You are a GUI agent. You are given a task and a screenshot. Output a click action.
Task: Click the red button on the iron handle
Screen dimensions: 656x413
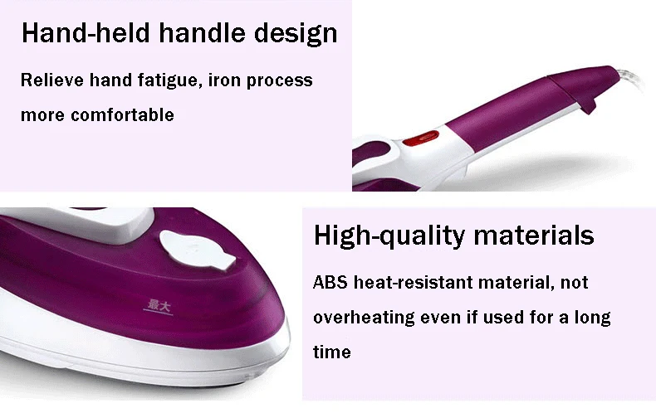coord(421,138)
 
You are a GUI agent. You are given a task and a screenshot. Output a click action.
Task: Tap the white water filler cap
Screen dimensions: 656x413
coord(198,250)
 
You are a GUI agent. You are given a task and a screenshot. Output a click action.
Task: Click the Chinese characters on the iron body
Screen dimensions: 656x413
coord(159,305)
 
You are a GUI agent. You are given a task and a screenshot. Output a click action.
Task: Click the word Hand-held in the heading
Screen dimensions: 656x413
coord(86,32)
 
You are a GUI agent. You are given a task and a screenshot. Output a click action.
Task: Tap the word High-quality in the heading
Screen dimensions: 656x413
coord(389,236)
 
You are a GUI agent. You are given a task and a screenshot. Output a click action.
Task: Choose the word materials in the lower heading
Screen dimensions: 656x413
coord(534,235)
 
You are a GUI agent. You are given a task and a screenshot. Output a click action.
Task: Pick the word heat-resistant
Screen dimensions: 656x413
coord(414,282)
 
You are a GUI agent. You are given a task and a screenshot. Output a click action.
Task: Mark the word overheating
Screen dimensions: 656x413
coord(364,318)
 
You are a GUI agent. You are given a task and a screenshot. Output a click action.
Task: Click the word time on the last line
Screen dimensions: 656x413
coord(332,352)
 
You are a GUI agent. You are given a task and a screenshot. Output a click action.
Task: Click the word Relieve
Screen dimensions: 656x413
coord(52,80)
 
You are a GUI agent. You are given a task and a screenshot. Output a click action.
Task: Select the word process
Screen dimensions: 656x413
coord(280,81)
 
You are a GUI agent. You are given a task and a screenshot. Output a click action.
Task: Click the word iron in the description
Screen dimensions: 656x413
coord(224,80)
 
